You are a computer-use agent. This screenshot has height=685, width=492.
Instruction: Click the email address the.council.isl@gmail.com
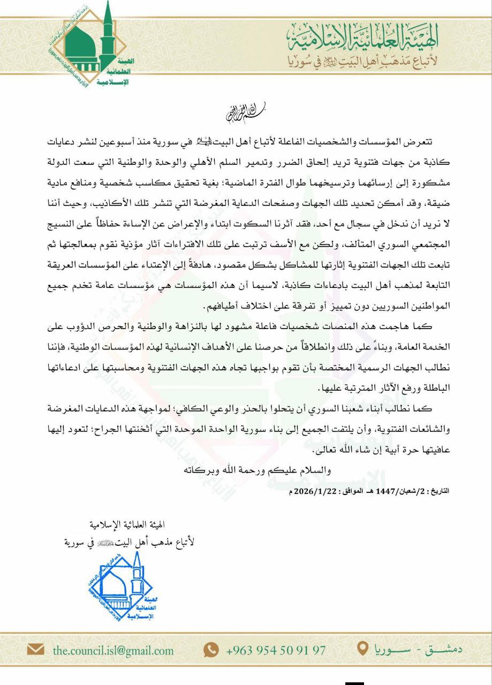pos(113,651)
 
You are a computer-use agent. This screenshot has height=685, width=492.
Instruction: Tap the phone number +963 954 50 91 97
pos(276,651)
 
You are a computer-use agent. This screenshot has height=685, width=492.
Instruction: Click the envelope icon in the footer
pos(36,650)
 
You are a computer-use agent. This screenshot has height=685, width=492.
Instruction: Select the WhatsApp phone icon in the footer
pos(211,650)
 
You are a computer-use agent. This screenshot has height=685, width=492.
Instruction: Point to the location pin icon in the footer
pos(362,649)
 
